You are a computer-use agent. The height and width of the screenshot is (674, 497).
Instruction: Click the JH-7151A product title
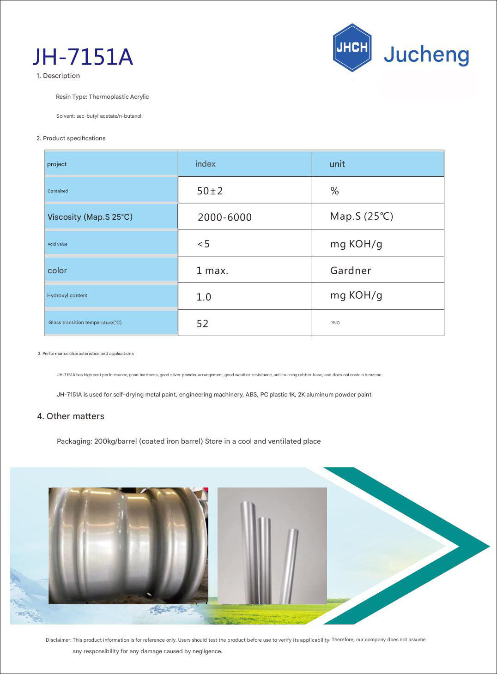(83, 57)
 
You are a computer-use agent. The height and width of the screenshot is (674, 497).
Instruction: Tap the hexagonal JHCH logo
(352, 48)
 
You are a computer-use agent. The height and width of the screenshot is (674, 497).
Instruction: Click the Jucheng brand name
(426, 55)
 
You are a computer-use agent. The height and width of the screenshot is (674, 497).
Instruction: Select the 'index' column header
(206, 164)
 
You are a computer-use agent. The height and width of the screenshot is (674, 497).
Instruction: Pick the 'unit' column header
(337, 164)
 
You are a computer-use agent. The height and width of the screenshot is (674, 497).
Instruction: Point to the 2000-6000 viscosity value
(224, 217)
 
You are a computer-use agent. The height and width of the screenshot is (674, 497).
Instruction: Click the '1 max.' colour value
(212, 271)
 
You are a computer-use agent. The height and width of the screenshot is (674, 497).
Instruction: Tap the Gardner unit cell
(351, 271)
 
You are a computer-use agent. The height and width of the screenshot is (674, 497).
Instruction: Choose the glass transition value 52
(203, 324)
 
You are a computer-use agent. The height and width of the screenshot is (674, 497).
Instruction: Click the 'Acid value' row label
(57, 244)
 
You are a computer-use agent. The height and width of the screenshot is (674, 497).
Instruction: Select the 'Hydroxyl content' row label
(67, 295)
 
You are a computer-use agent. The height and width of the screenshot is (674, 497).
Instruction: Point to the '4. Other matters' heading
(71, 416)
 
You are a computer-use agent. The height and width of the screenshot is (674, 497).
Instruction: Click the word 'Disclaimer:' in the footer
(59, 640)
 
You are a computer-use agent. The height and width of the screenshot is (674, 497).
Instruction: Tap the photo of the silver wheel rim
(128, 546)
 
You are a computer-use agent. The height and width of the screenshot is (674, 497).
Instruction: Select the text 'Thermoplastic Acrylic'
(119, 97)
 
